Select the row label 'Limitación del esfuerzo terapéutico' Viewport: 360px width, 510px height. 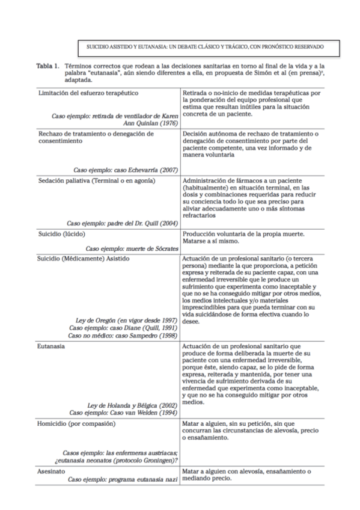tap(88, 94)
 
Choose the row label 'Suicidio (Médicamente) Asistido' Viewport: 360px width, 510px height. tap(84, 258)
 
